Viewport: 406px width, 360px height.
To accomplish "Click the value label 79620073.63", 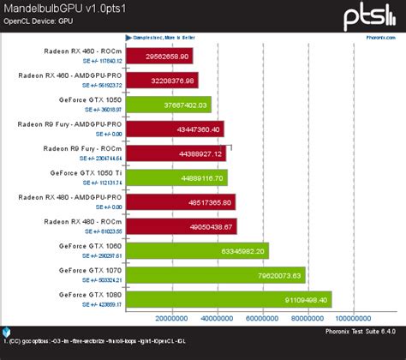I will pyautogui.click(x=277, y=275).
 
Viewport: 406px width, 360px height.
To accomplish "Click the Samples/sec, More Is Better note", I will pyautogui.click(x=161, y=38).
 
